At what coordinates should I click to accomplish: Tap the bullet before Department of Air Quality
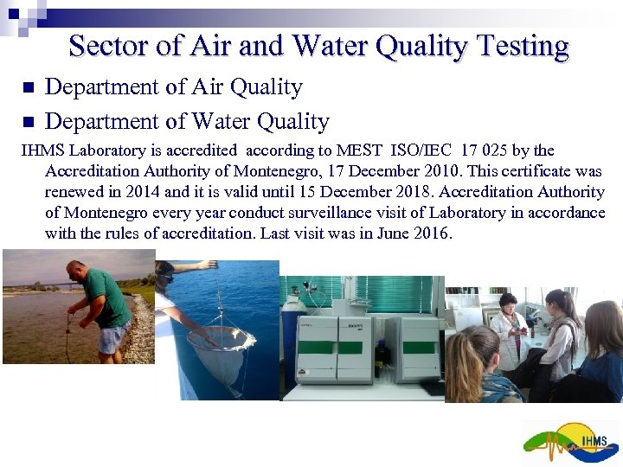click(x=27, y=88)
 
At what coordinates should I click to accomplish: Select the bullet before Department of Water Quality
click(x=27, y=121)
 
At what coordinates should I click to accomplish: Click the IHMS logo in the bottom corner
click(x=570, y=443)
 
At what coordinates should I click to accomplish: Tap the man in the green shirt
click(x=100, y=298)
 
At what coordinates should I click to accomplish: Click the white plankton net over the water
click(x=222, y=350)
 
